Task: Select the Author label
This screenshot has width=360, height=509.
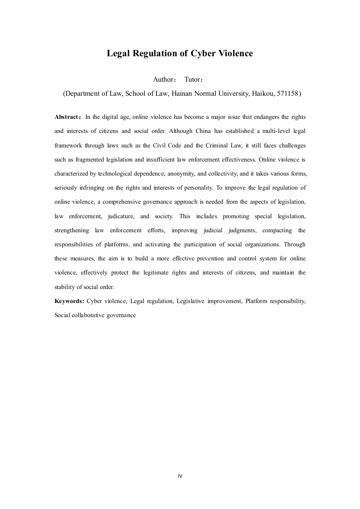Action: point(164,79)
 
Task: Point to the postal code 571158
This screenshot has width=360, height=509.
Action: point(286,93)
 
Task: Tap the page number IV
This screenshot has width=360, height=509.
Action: point(180,476)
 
